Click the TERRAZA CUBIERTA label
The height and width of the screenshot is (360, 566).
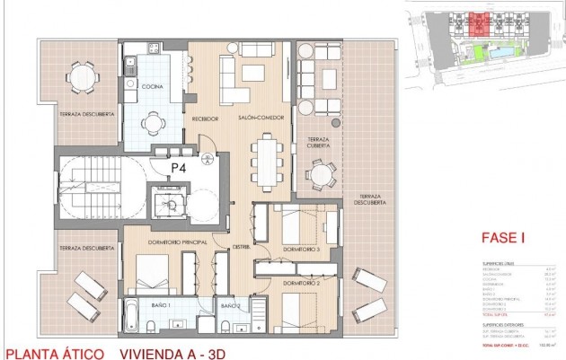[319, 142]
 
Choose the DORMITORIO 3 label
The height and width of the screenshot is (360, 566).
[301, 248]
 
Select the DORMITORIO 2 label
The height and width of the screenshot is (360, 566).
[301, 283]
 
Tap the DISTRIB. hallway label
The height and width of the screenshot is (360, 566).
[241, 248]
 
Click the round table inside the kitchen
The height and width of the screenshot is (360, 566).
[155, 123]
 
